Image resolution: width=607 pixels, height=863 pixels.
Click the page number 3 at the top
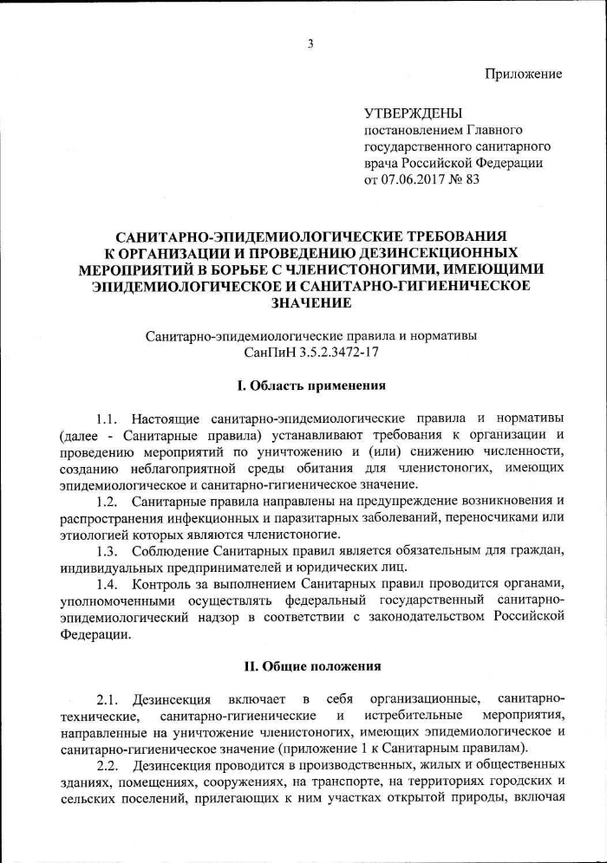pyautogui.click(x=310, y=45)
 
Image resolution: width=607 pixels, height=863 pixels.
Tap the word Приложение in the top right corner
pyautogui.click(x=523, y=74)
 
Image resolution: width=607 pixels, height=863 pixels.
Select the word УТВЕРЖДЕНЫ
pyautogui.click(x=412, y=113)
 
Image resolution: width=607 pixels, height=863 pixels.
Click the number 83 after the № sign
pyautogui.click(x=472, y=180)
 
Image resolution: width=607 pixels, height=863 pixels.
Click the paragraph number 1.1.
pyautogui.click(x=108, y=419)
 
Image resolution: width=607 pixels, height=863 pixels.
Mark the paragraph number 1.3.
pyautogui.click(x=108, y=552)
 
